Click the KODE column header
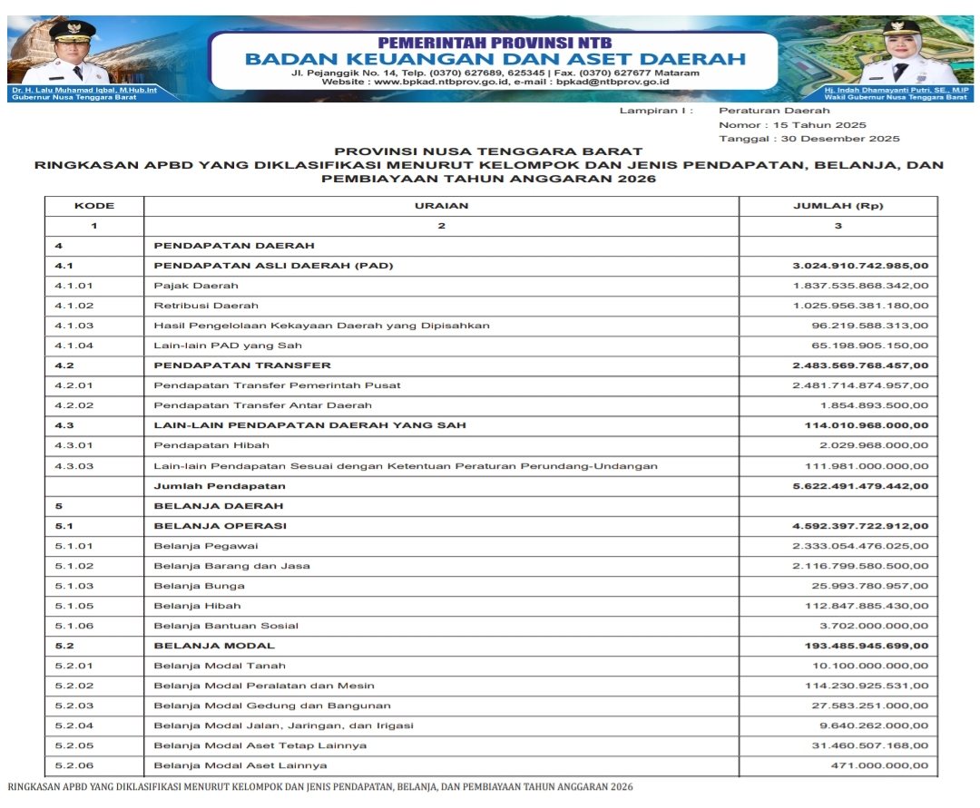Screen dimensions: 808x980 [x=94, y=206]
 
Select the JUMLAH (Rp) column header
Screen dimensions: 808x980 [x=838, y=206]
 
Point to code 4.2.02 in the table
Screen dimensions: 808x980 [x=74, y=405]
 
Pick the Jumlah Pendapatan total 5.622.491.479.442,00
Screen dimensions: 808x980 [x=860, y=486]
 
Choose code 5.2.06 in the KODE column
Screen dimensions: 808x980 [x=74, y=766]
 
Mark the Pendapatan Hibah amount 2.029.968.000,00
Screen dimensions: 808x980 [x=874, y=445]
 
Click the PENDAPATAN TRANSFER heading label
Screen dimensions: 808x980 [x=242, y=365]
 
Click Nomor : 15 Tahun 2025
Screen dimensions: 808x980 [x=792, y=125]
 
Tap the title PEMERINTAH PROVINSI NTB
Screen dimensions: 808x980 [x=495, y=43]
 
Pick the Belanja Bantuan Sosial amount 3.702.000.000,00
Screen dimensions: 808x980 [x=874, y=626]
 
